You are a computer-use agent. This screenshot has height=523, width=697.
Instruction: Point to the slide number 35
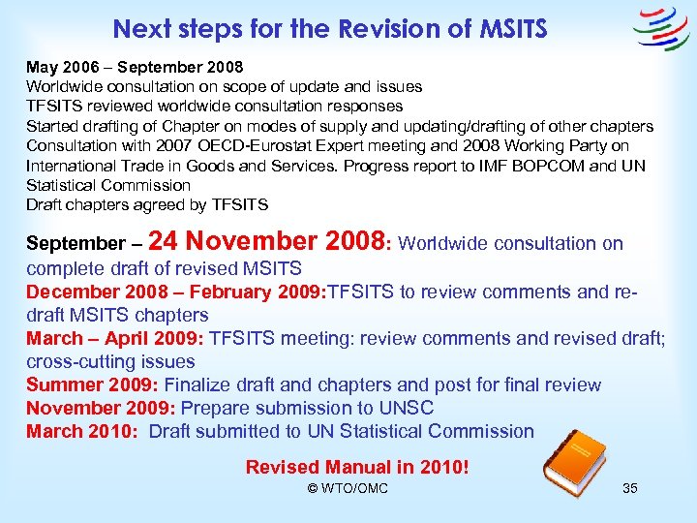[x=629, y=488]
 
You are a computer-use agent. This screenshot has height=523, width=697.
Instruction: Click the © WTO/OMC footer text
[x=348, y=488]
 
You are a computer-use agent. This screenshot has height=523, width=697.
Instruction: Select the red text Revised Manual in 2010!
[x=357, y=468]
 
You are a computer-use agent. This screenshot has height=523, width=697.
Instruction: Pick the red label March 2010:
[x=81, y=431]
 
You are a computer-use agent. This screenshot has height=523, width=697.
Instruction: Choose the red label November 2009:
[x=101, y=408]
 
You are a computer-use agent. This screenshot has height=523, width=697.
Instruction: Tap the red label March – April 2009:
[x=114, y=338]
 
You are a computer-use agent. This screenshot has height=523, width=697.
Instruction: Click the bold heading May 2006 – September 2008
[x=135, y=68]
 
